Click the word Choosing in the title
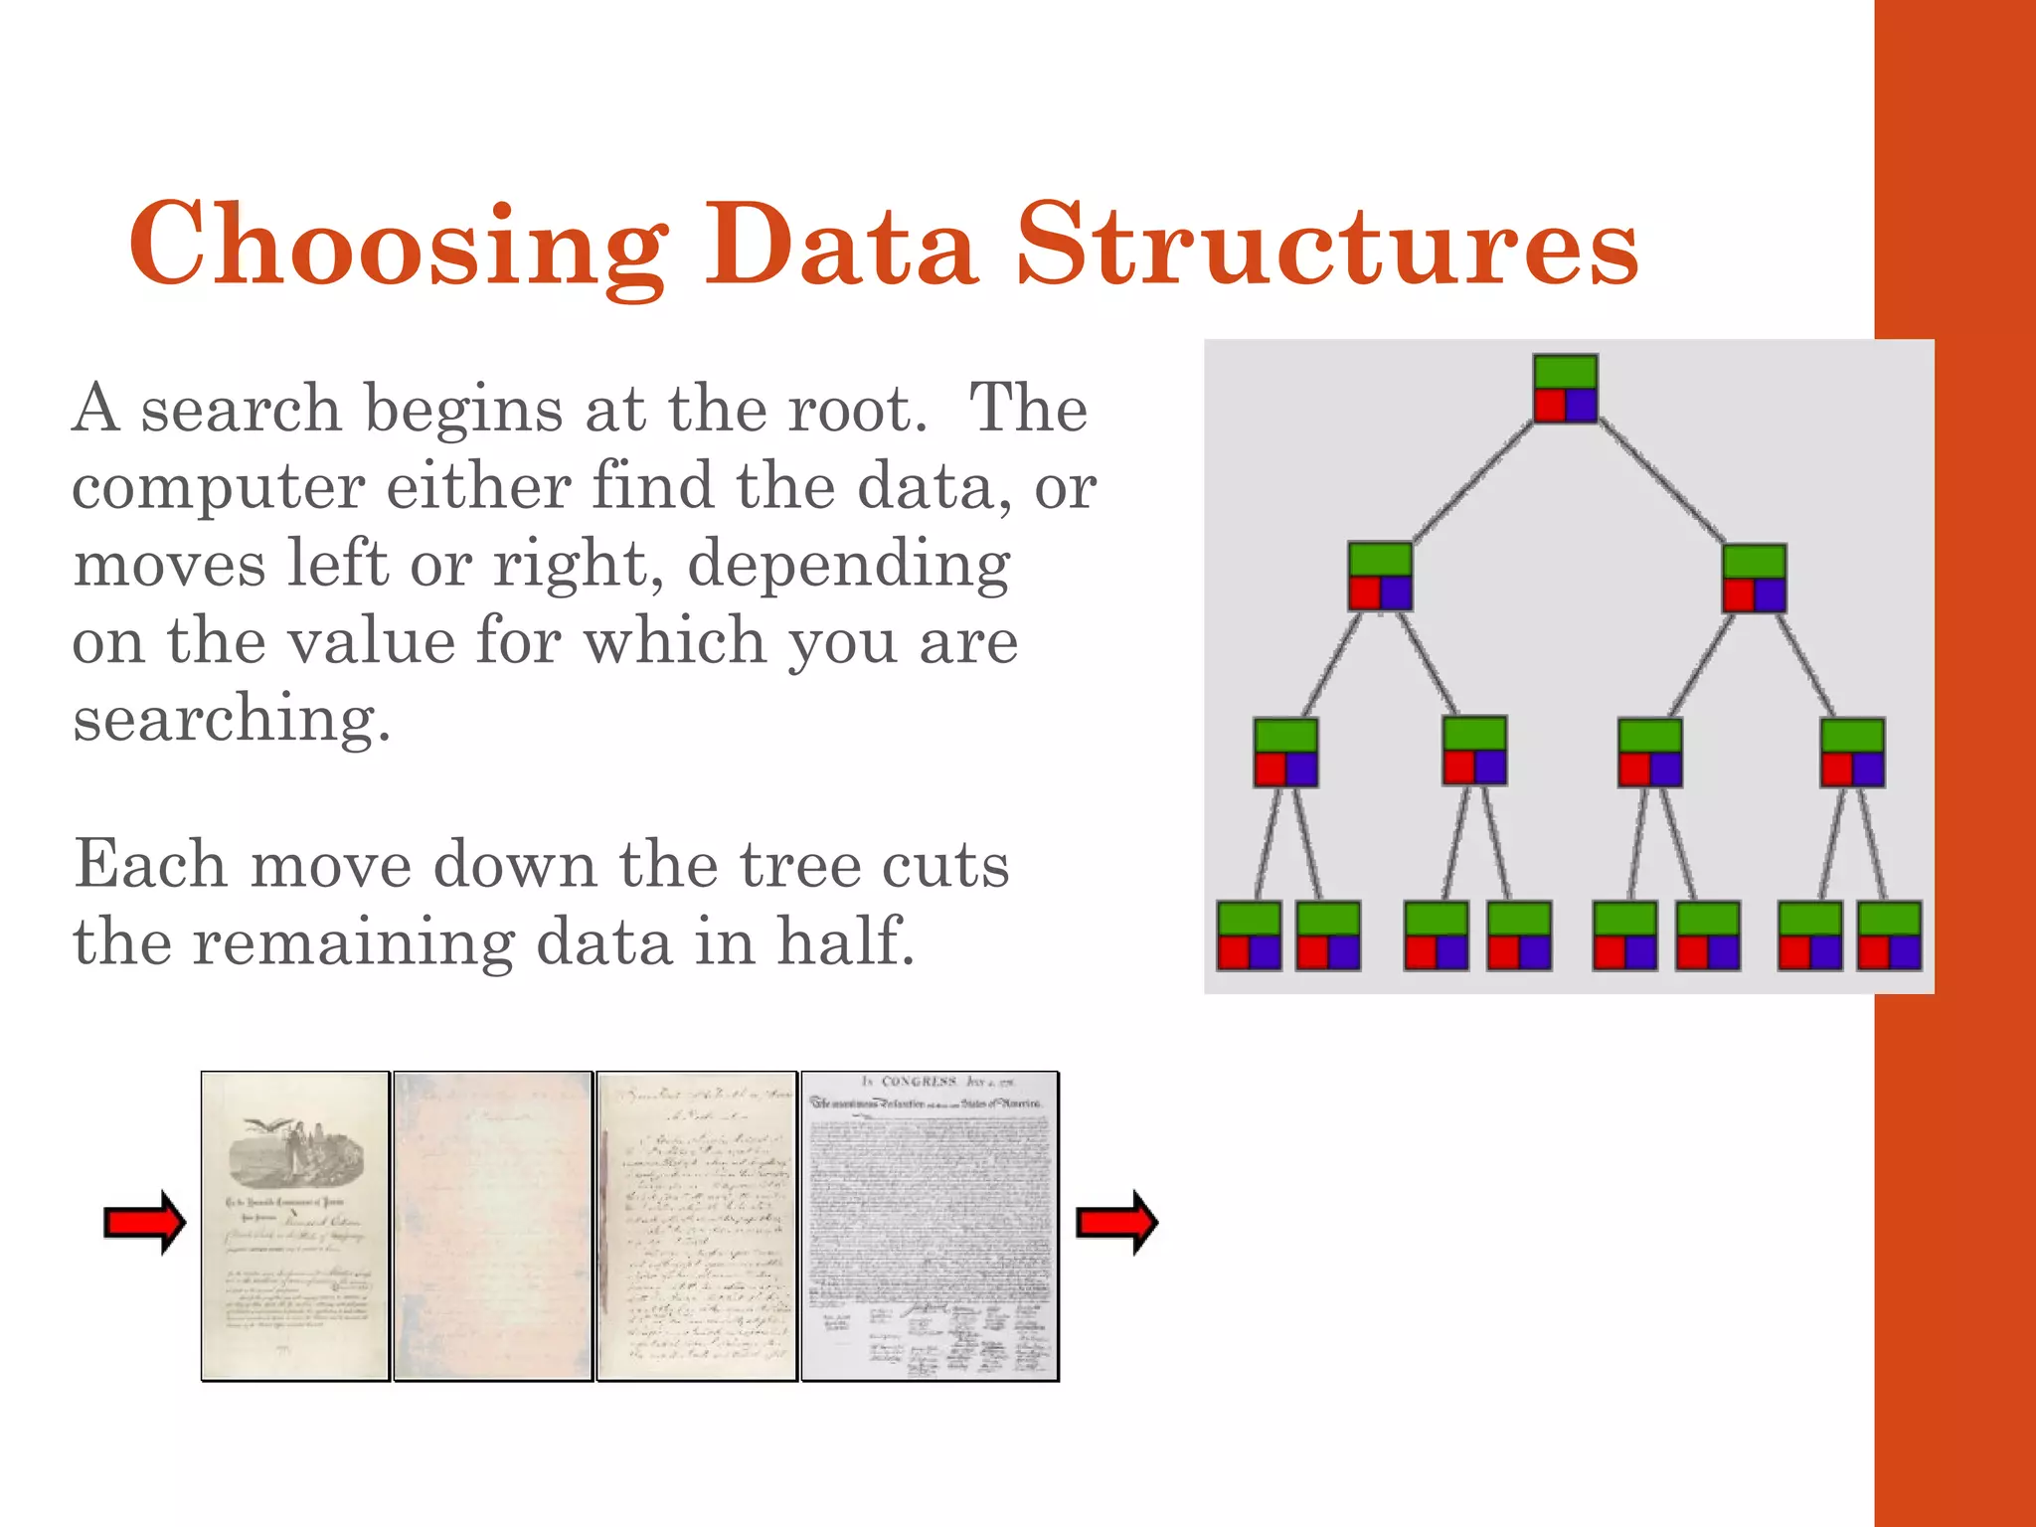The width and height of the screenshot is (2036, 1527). coord(398,245)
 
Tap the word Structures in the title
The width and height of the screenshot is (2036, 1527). coord(1326,245)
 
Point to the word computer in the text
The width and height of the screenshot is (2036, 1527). coord(219,489)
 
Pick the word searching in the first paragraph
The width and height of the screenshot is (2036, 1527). coord(231,720)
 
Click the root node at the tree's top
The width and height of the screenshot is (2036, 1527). coord(1565,389)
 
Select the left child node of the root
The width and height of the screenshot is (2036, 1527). coord(1380,577)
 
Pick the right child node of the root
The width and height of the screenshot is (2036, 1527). coord(1754,578)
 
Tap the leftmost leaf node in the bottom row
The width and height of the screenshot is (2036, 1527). coord(1249,935)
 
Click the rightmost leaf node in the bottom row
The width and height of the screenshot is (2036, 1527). coord(1889,935)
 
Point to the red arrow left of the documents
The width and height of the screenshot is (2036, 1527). coord(145,1222)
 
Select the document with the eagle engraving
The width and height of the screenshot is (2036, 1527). coord(294,1226)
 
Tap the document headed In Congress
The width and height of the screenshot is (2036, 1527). coord(930,1226)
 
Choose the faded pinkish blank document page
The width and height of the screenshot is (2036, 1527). coord(493,1226)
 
